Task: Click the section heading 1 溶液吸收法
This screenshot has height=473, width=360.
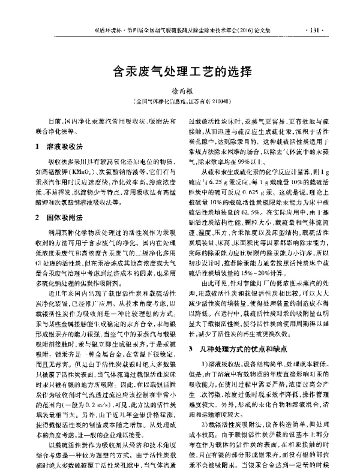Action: pyautogui.click(x=59, y=145)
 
